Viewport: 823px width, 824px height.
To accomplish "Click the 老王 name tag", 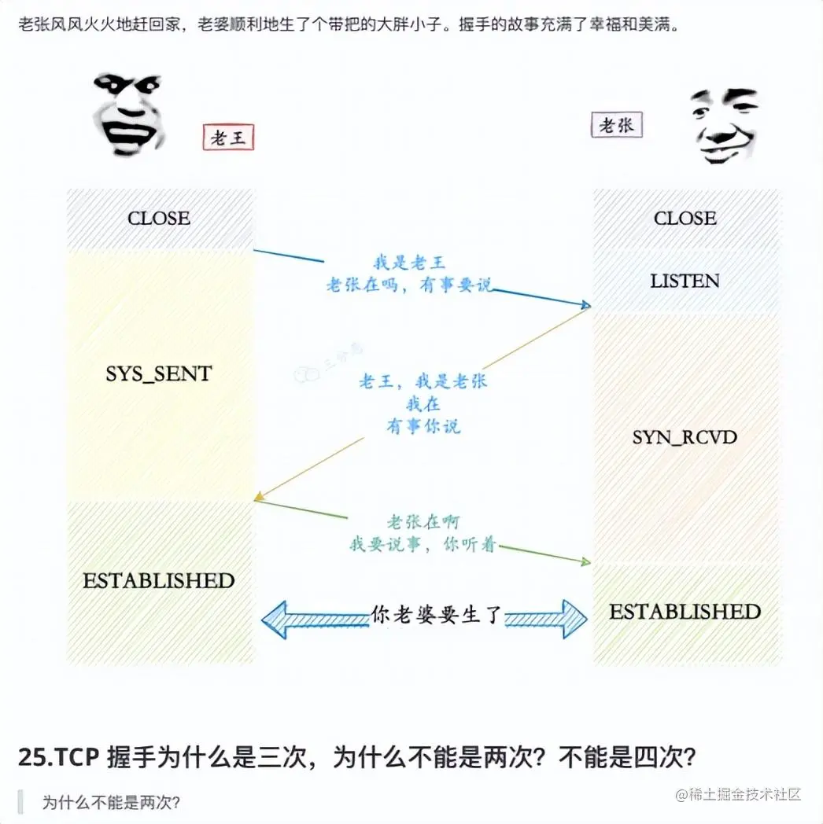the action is pos(228,138).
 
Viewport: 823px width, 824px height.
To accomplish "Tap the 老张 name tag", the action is pos(617,125).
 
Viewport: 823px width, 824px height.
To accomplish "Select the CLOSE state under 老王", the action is pos(159,219).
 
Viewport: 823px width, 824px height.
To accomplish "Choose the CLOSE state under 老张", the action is pos(685,219).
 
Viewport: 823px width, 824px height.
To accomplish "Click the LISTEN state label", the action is pos(685,281).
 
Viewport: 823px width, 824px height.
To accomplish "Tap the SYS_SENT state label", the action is pos(159,374).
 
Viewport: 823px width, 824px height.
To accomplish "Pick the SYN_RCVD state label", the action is pos(685,437).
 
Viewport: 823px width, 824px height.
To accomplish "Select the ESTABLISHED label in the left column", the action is pos(159,581).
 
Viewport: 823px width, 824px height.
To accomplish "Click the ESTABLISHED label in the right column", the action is pos(685,612).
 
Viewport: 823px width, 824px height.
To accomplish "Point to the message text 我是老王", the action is pos(409,263).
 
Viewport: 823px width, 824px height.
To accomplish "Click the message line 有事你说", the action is pos(423,426).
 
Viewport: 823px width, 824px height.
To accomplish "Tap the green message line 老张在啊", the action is pos(423,522).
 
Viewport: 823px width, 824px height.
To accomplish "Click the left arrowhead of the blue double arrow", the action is pos(274,618).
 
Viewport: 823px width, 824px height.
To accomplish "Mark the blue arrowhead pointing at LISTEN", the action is pos(585,304).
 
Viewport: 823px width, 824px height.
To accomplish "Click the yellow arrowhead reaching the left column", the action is pos(258,497).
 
